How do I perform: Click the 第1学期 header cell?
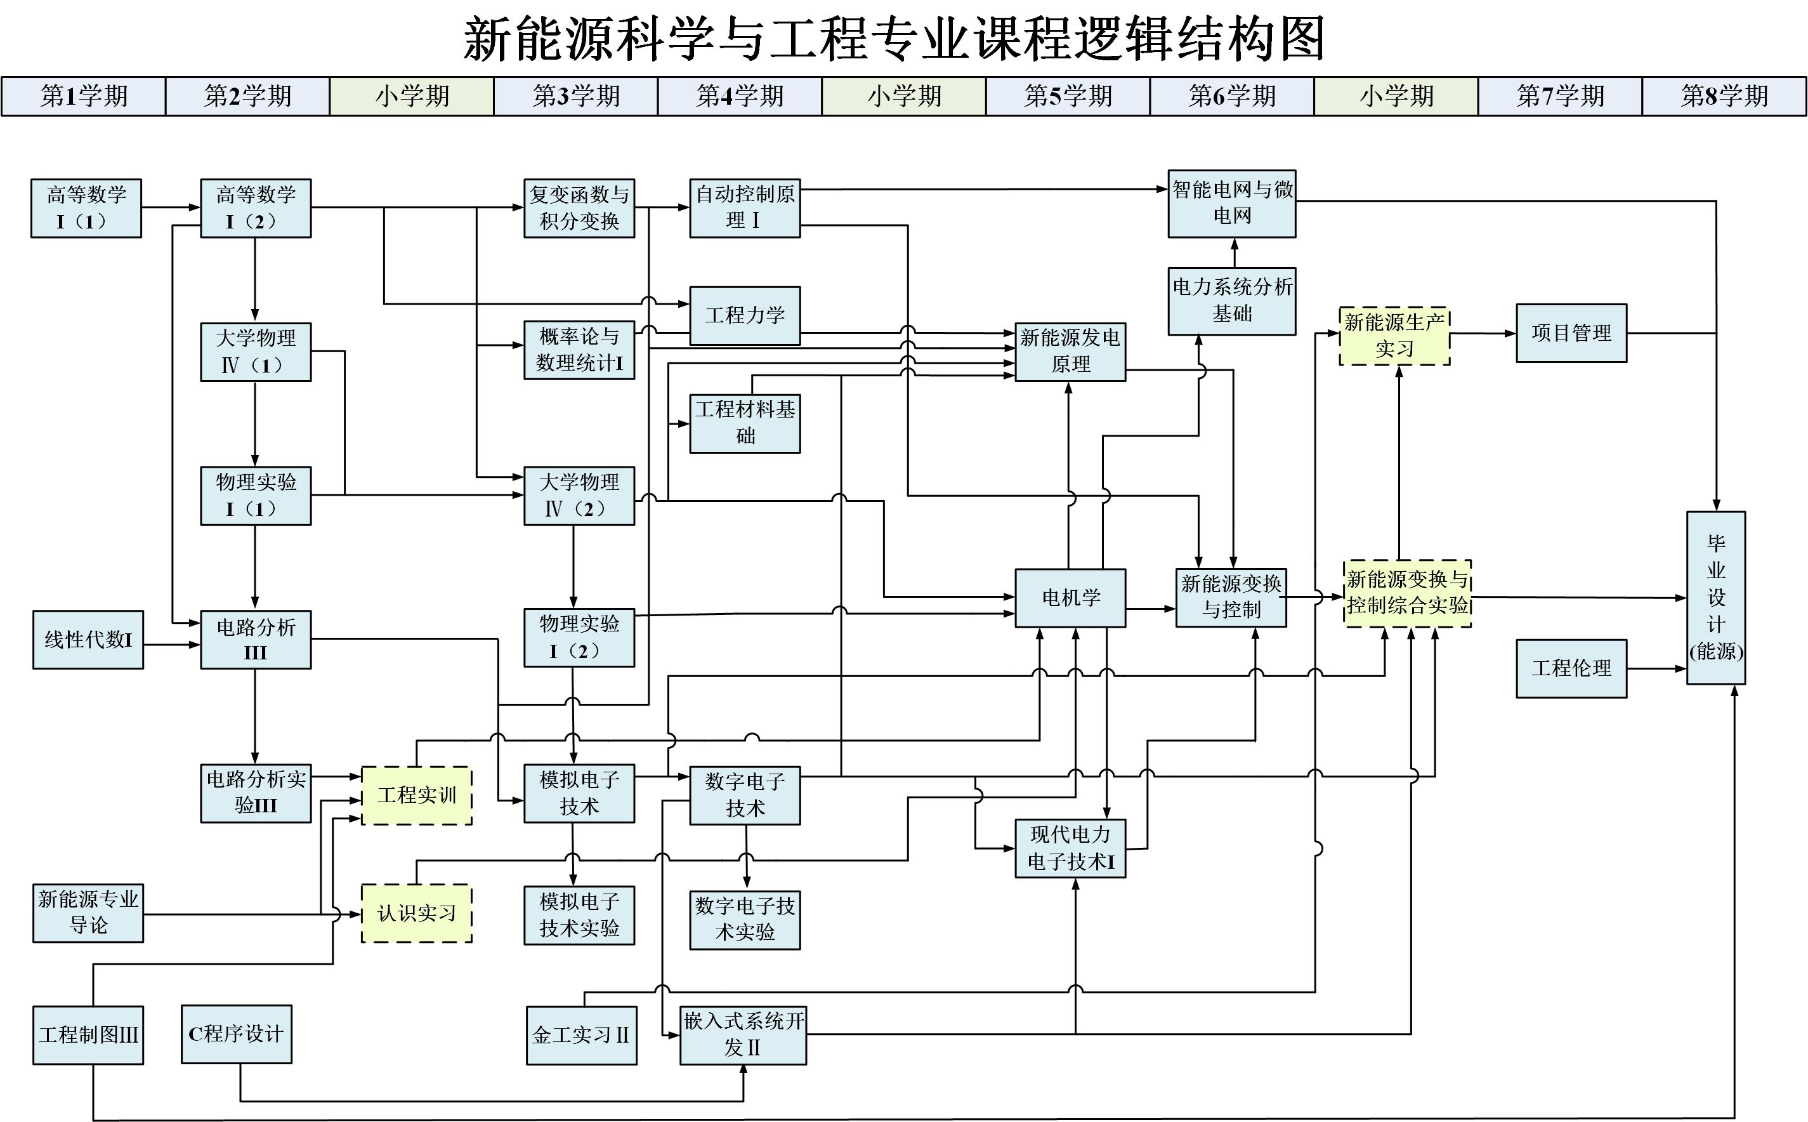83,96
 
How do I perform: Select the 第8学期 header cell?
1724,96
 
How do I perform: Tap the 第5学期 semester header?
1067,96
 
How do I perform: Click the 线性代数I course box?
88,640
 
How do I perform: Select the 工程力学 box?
745,315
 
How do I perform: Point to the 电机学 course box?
1070,598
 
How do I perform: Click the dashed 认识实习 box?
416,913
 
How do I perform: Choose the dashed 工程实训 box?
416,796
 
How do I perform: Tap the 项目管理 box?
1571,333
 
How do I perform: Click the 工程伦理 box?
1571,669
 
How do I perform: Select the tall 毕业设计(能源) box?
1715,597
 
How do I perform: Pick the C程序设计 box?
236,1034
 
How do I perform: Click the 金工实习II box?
580,1035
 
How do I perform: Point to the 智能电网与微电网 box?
1231,203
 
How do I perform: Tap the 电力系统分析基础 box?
1231,301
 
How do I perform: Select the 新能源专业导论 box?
88,913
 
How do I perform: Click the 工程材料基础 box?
745,423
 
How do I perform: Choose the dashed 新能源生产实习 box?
1394,336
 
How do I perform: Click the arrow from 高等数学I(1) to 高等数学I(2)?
171,208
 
